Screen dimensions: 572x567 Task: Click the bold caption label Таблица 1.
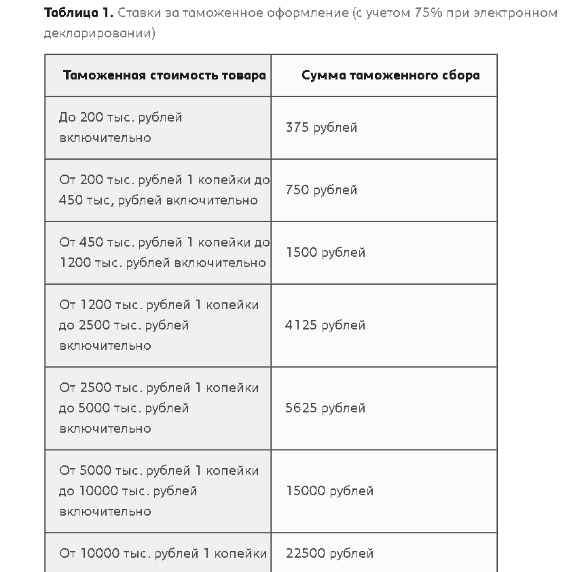(78, 14)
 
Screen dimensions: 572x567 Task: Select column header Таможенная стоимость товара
(164, 75)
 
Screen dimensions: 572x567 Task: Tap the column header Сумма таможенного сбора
(390, 75)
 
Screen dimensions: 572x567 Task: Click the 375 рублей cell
(321, 128)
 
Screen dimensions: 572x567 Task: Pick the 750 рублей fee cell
(321, 190)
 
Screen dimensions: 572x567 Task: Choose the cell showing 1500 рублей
(325, 253)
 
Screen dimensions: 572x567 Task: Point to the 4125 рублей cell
(325, 325)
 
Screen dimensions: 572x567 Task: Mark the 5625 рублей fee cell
(325, 408)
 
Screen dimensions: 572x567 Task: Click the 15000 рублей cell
(329, 491)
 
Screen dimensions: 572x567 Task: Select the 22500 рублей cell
(329, 554)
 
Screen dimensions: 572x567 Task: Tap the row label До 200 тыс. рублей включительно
(120, 128)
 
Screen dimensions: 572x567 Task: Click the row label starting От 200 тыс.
(164, 190)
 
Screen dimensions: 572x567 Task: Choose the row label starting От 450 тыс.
(164, 253)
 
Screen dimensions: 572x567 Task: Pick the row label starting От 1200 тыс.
(158, 325)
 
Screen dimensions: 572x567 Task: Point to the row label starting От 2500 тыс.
(158, 408)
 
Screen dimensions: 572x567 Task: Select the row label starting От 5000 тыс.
(158, 491)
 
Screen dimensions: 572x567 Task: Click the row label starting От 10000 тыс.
(162, 554)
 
